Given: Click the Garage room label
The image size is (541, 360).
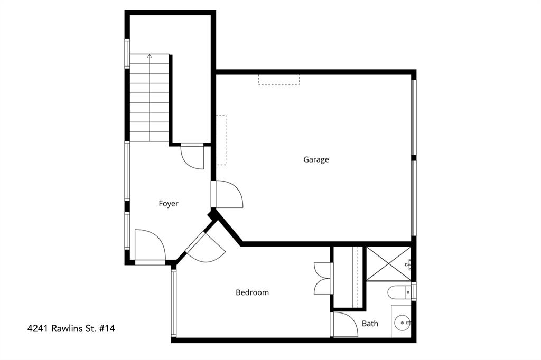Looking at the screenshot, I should (316, 159).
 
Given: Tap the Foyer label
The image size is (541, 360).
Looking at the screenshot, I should (169, 203).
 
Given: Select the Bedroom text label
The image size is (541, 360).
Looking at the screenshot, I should (252, 292).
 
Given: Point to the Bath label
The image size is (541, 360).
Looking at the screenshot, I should (370, 323).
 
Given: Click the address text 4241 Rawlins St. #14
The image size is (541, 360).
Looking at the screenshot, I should (71, 328).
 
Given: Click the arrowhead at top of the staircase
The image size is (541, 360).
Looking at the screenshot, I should (150, 56).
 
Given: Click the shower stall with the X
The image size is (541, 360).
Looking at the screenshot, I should (388, 263).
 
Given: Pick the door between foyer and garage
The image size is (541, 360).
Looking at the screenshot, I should (227, 195).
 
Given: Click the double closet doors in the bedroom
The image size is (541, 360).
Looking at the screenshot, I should (322, 278).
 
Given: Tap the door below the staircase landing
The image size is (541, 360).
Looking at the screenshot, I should (192, 156).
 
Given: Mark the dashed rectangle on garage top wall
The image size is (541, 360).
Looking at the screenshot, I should (278, 79).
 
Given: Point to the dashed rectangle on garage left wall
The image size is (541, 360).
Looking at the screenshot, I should (221, 140).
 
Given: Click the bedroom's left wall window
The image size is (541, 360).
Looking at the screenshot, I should (173, 302).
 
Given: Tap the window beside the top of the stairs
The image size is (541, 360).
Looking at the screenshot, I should (127, 53).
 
